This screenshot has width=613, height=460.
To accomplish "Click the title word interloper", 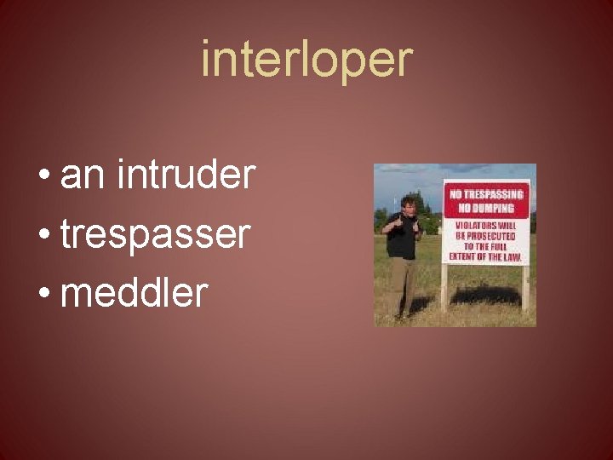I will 306,60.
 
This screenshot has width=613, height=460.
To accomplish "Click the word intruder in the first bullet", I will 187,175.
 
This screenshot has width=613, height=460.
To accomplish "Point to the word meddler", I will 135,293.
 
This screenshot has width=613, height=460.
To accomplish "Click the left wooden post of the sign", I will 444,286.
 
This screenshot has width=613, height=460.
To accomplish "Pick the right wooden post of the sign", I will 525,286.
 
